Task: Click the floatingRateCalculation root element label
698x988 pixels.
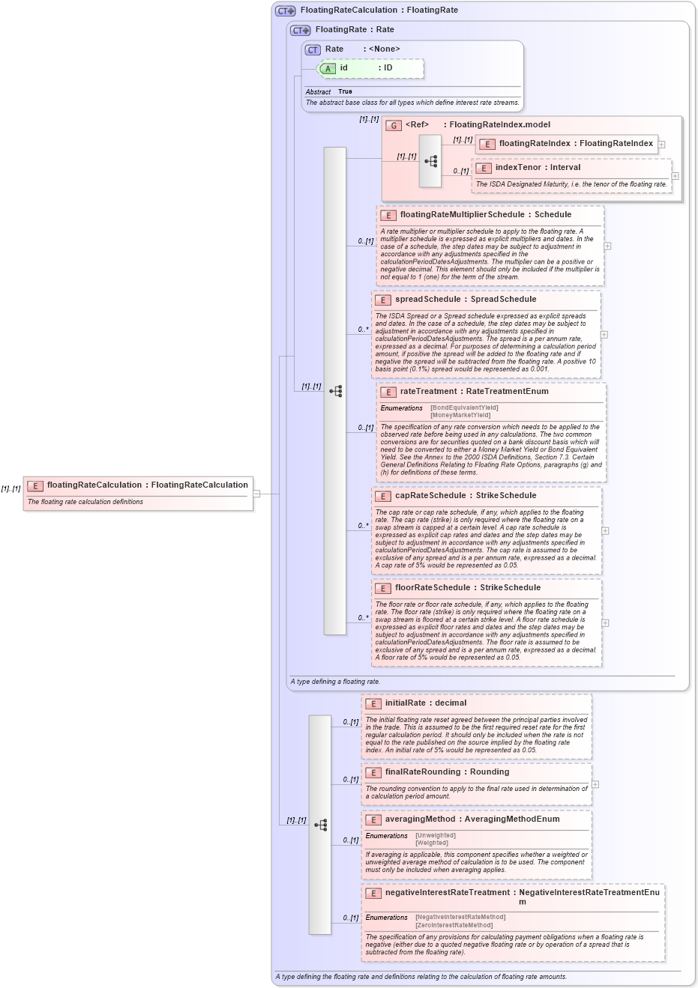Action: [147, 485]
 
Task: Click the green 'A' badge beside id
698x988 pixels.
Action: [328, 69]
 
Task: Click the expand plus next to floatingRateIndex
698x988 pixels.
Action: [661, 145]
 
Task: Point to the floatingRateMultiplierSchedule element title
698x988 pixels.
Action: [485, 215]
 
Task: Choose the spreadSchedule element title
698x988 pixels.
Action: [466, 300]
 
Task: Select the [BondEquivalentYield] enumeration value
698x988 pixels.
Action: [464, 408]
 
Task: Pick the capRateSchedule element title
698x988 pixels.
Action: [466, 496]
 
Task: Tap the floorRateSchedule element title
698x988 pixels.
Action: [468, 588]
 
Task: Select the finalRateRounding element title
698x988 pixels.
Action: [447, 772]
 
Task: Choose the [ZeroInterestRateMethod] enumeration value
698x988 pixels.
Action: [454, 926]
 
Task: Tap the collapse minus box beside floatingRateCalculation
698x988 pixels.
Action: [256, 494]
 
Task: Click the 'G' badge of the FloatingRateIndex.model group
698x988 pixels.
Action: [393, 125]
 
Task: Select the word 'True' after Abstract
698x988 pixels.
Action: [345, 92]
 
